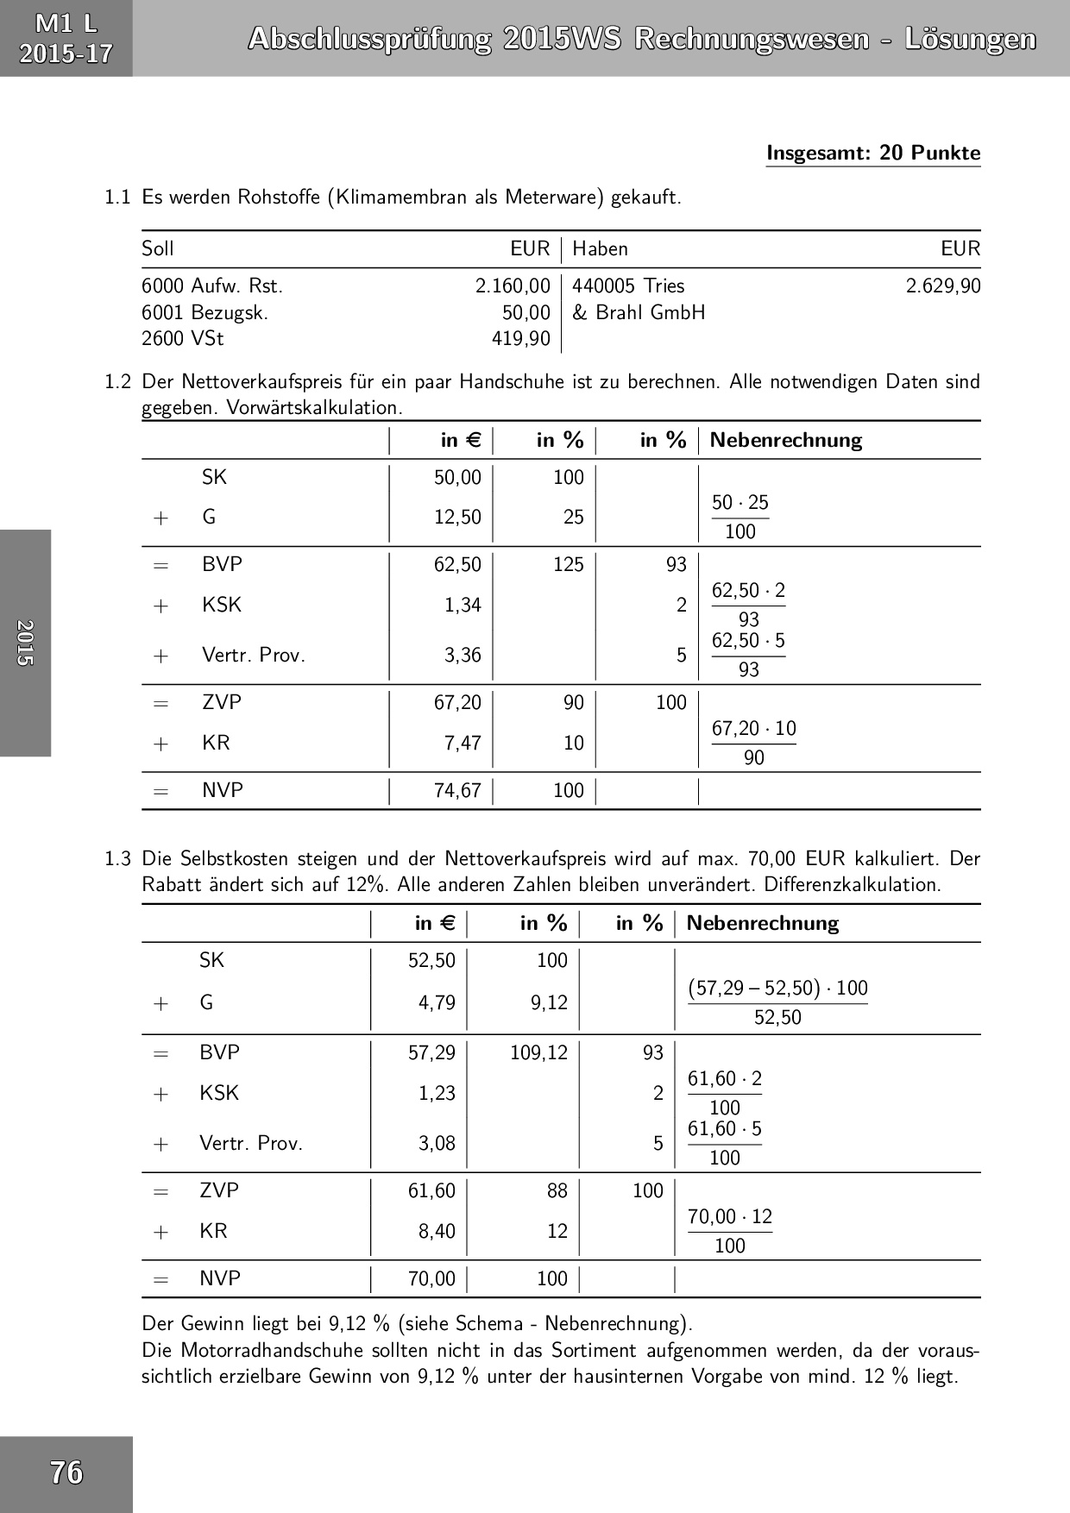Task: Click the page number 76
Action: [66, 1472]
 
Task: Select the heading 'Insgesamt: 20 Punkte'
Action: [873, 154]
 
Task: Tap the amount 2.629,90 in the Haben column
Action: [942, 286]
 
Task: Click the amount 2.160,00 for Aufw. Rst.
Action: [513, 286]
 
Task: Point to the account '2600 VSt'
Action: [183, 338]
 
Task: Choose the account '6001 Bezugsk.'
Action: [205, 312]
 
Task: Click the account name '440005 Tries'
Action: [628, 286]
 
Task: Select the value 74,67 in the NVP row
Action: [457, 790]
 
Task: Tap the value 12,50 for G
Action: [457, 517]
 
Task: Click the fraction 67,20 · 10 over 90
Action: [753, 743]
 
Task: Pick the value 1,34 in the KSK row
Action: [463, 605]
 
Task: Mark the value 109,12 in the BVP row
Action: [538, 1052]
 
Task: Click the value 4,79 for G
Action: [437, 1002]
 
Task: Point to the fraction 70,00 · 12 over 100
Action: [730, 1231]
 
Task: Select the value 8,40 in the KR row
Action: [437, 1231]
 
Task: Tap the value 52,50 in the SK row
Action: [431, 960]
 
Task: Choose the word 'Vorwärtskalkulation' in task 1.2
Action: [314, 408]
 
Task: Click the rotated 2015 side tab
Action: [25, 643]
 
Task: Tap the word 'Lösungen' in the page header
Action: [970, 39]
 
